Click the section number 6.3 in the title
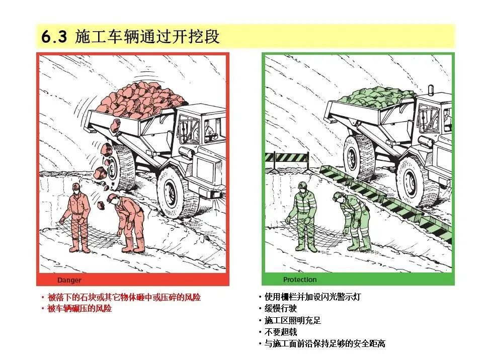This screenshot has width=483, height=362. tap(54, 37)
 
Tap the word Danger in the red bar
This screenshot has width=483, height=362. tap(69, 280)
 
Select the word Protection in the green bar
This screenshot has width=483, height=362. tap(300, 280)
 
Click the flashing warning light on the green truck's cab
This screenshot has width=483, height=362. tap(431, 89)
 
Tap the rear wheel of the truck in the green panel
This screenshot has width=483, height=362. tap(358, 157)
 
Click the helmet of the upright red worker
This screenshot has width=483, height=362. tap(76, 187)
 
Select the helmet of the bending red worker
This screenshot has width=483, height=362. tap(112, 198)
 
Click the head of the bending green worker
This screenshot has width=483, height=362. tap(339, 197)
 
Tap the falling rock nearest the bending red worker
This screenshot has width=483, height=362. tap(101, 205)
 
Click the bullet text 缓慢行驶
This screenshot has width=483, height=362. tap(280, 308)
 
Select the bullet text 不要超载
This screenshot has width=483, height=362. tap(280, 332)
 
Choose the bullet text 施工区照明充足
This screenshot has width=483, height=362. tap(292, 320)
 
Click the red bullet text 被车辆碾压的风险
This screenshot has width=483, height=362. tap(79, 308)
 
